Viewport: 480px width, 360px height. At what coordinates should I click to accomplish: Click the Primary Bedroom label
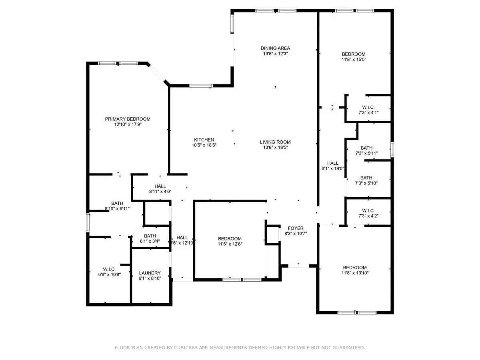coord(128,119)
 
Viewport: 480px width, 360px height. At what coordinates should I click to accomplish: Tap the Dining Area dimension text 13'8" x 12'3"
coord(275,54)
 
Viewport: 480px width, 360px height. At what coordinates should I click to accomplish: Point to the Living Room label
coord(275,142)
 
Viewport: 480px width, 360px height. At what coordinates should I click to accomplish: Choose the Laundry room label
coord(150,273)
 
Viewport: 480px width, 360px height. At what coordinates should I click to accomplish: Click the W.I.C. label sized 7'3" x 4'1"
coord(368,107)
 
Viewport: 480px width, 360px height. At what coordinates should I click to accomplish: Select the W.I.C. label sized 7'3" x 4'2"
coord(368,210)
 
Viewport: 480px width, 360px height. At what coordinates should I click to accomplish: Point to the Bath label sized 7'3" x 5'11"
coord(366,148)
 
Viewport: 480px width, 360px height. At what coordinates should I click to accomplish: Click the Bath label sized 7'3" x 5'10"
coord(366,178)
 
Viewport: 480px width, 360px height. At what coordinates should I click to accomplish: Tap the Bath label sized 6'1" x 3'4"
coord(150,236)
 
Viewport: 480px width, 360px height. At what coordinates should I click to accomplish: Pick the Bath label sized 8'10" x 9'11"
coord(117,203)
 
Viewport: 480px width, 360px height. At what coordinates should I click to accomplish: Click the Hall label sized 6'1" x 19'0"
coord(333,163)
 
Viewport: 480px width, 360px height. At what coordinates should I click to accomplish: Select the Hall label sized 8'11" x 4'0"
coord(160,186)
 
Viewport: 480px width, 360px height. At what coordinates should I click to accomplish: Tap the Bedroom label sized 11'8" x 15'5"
coord(354,54)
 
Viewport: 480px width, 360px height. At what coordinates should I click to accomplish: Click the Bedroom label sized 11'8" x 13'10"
coord(355,268)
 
